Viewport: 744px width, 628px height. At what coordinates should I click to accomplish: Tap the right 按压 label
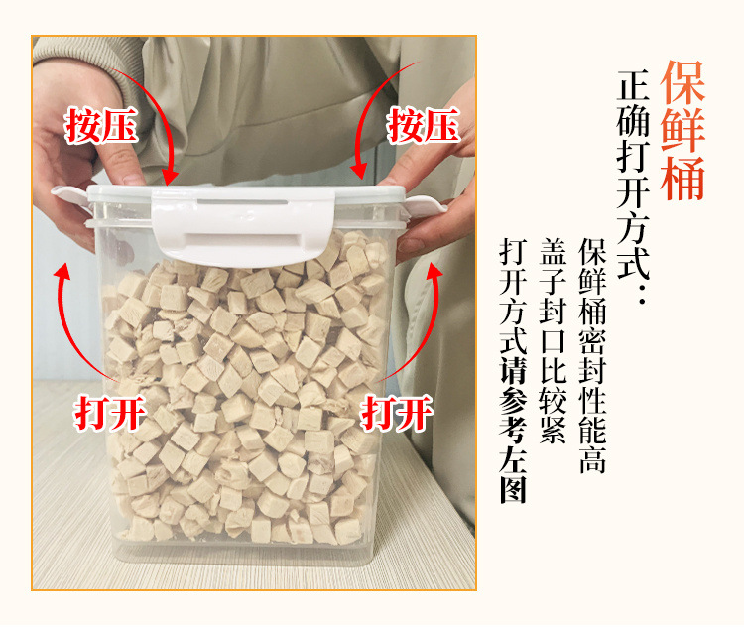click(424, 126)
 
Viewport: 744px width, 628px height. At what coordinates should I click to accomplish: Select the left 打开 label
click(110, 413)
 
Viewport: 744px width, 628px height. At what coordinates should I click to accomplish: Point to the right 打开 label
click(396, 412)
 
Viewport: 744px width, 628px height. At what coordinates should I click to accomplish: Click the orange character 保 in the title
click(682, 79)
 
